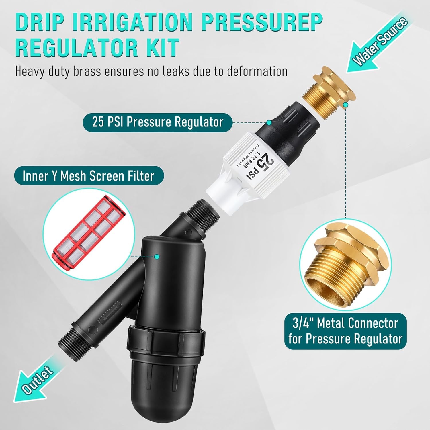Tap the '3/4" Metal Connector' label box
tap(345, 331)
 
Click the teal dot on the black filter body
tap(157, 256)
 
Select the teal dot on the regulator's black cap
tap(269, 123)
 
